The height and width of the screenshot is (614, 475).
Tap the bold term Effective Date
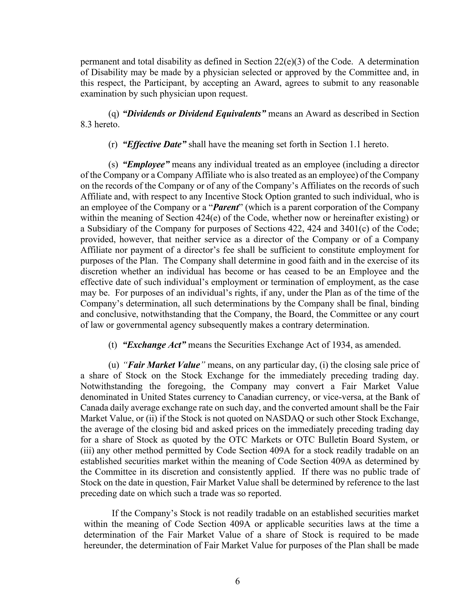155,145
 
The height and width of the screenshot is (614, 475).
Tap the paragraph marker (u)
114,365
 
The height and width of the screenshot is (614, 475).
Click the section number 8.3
86,124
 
